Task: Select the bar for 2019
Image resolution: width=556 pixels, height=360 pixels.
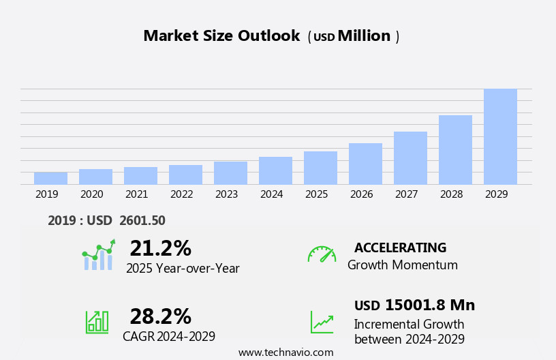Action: click(x=50, y=179)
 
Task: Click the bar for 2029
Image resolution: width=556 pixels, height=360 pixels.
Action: click(x=500, y=136)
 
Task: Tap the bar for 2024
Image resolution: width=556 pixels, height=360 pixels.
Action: click(x=275, y=170)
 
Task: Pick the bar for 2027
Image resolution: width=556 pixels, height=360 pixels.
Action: click(x=410, y=158)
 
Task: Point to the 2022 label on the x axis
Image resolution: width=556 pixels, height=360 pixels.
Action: click(x=181, y=194)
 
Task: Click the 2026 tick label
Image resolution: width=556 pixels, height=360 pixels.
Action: click(x=361, y=194)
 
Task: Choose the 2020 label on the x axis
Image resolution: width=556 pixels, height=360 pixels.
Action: click(x=91, y=194)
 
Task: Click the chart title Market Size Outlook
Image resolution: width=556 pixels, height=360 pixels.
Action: click(x=221, y=36)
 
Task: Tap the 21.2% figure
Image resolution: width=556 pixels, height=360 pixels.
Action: click(x=160, y=248)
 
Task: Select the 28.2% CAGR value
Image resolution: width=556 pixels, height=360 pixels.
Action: click(x=160, y=316)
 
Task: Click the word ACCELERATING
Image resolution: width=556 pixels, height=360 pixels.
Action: click(x=400, y=247)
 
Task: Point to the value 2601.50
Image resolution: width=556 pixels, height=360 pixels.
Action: click(x=142, y=220)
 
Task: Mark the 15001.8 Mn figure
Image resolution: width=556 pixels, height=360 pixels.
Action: click(x=429, y=305)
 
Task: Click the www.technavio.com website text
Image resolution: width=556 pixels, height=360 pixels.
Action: click(x=285, y=352)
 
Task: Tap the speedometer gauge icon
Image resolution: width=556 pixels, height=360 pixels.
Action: click(x=322, y=254)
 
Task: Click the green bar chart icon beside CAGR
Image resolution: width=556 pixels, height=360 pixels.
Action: click(x=97, y=322)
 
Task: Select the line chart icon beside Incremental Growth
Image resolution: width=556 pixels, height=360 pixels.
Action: click(x=322, y=322)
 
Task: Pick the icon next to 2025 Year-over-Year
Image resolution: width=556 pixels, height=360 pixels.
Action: click(x=98, y=256)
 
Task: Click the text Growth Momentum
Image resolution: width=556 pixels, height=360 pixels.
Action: click(x=402, y=265)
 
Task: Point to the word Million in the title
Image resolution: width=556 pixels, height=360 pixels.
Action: click(x=364, y=36)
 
